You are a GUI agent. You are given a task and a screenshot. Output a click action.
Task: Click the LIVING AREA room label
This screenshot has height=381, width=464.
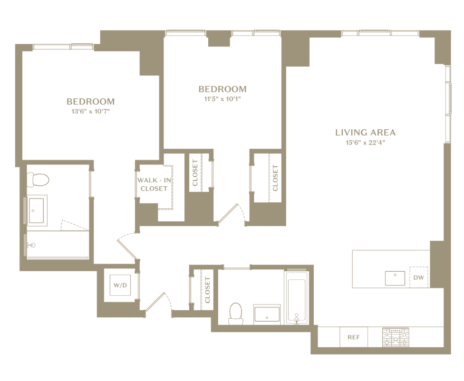tap(366, 133)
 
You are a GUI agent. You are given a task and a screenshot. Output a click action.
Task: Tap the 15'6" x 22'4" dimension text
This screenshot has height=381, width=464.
tap(366, 143)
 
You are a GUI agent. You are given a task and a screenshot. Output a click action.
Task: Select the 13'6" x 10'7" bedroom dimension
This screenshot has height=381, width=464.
tap(90, 112)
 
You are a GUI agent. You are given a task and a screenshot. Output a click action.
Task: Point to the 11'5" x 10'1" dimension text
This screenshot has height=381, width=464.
tap(222, 99)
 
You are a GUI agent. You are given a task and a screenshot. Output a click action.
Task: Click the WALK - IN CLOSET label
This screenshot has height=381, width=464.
tap(154, 184)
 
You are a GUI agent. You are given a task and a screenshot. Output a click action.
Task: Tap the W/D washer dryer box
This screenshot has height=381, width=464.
tap(120, 285)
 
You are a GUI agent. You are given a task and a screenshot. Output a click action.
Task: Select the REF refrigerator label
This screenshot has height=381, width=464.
tap(354, 337)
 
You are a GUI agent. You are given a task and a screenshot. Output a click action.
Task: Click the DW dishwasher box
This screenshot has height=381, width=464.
tap(419, 277)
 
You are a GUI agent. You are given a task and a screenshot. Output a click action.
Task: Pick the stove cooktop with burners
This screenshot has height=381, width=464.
tap(396, 337)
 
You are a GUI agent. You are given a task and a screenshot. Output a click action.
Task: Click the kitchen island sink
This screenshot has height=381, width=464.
tap(395, 278)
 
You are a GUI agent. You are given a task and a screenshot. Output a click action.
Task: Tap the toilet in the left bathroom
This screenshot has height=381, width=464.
tap(38, 180)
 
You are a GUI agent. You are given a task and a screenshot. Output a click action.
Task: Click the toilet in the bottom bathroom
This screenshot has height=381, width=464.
tap(236, 314)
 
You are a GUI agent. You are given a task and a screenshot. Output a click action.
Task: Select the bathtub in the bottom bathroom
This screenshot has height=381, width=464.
tap(296, 298)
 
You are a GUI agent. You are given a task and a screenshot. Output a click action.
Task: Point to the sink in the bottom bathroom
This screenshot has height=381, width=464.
tap(267, 314)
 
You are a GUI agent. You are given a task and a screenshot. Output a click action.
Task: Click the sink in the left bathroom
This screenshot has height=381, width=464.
tap(37, 210)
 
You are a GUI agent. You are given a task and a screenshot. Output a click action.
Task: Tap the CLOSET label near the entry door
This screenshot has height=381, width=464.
tap(207, 290)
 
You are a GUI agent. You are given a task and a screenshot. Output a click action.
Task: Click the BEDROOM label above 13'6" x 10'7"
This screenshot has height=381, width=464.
tap(90, 102)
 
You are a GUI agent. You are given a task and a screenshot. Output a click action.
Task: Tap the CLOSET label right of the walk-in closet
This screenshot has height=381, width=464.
tap(195, 173)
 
